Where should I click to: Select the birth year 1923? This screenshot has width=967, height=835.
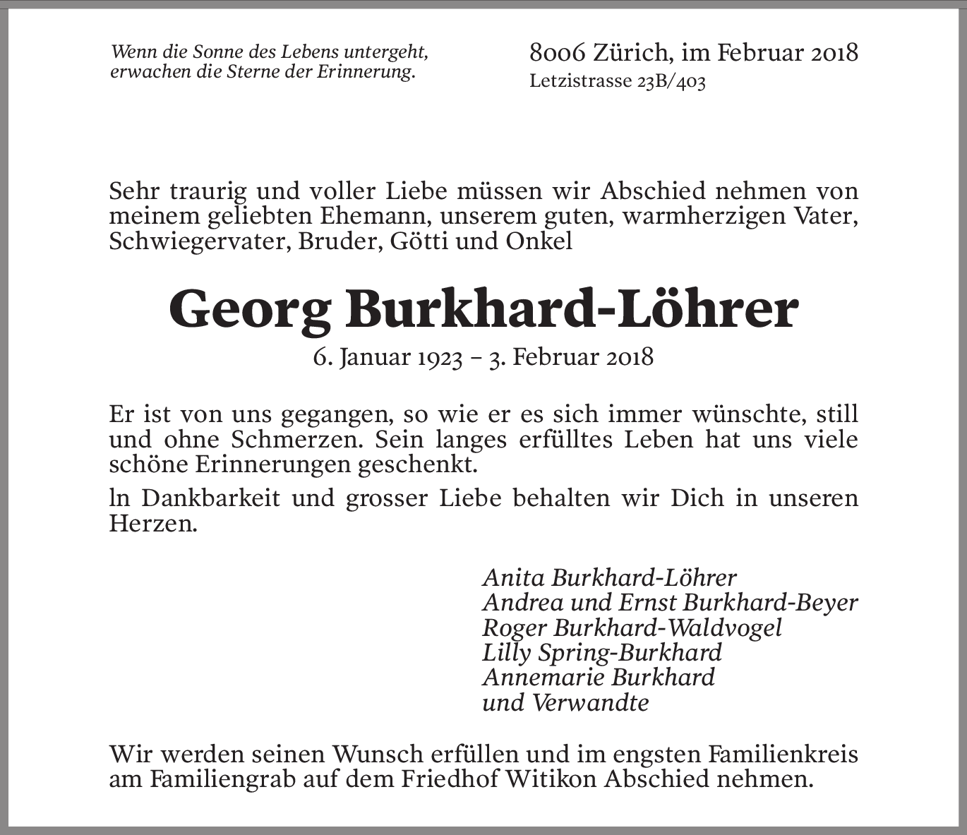[439, 357]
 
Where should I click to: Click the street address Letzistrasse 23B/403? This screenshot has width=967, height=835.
[618, 81]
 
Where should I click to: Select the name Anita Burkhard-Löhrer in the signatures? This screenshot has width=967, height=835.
[609, 577]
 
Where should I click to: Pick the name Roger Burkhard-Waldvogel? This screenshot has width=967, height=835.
[632, 627]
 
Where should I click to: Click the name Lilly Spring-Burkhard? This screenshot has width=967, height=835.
[602, 652]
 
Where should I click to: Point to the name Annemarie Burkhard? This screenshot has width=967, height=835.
[599, 678]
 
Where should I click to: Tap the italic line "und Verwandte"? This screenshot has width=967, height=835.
[565, 702]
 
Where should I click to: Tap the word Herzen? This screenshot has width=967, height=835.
[152, 524]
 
